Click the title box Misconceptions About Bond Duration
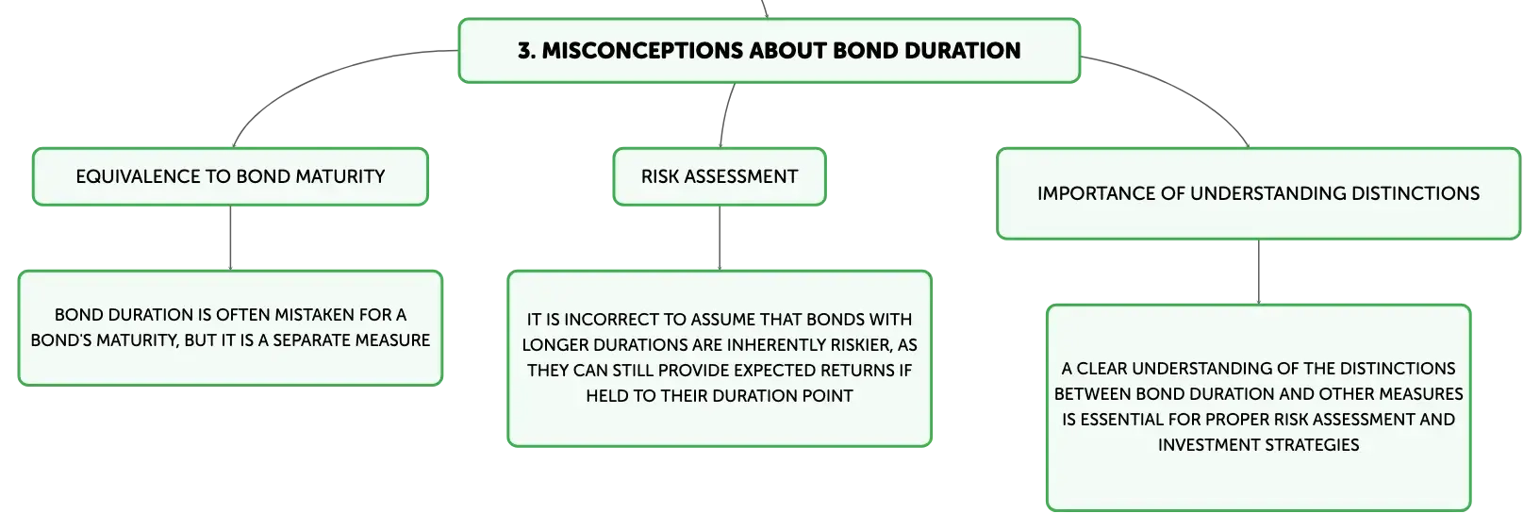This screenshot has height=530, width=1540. pyautogui.click(x=770, y=51)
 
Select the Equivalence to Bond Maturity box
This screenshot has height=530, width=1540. pyautogui.click(x=230, y=176)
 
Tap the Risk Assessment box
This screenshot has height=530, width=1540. pyautogui.click(x=720, y=176)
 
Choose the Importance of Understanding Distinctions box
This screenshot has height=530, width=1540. pyautogui.click(x=1258, y=193)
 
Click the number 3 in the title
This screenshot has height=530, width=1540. pyautogui.click(x=526, y=51)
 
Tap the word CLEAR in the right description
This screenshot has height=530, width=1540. pyautogui.click(x=1101, y=369)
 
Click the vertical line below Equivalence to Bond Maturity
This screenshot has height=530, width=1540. pyautogui.click(x=230, y=238)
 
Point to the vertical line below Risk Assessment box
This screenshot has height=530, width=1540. pyautogui.click(x=720, y=238)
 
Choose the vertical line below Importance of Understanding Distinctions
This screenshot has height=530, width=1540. pyautogui.click(x=1259, y=273)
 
